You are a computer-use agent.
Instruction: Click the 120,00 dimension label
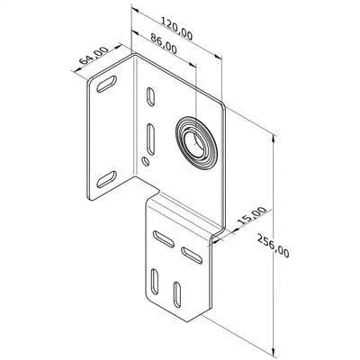click(176, 29)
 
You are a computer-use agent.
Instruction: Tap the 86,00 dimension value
click(164, 43)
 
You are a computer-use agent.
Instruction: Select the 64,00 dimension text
click(94, 55)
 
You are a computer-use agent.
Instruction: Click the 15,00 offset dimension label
click(252, 216)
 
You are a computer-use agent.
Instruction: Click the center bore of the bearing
click(194, 142)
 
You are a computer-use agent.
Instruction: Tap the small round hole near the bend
click(146, 161)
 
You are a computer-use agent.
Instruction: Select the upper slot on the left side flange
click(106, 84)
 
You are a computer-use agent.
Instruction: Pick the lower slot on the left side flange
click(106, 179)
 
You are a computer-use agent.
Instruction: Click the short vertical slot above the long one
click(150, 96)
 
